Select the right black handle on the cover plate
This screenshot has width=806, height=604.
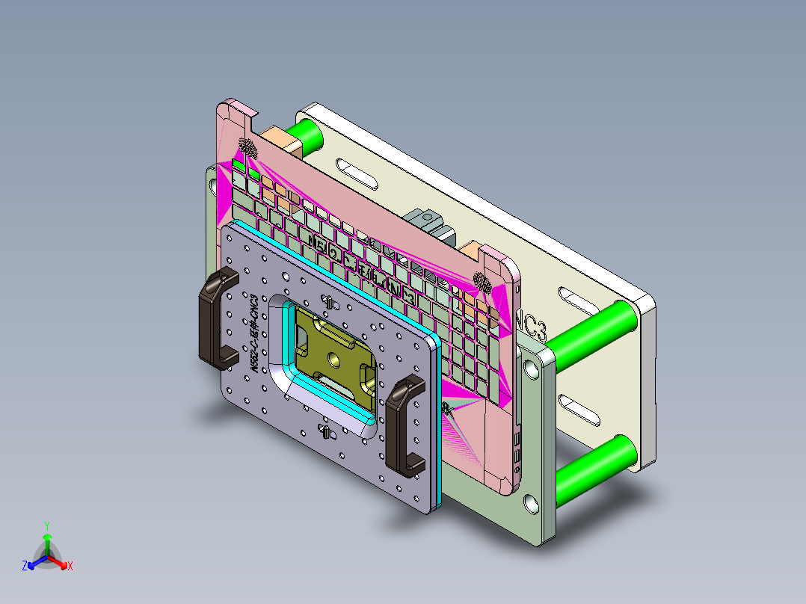coord(404,426)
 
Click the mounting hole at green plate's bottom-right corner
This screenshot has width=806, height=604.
coord(532,504)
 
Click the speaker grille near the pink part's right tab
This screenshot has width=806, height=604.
coord(483,283)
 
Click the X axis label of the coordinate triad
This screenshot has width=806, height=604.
coord(70,567)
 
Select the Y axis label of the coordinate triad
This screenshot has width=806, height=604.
coord(46,525)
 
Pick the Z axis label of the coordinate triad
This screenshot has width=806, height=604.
coord(25,567)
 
